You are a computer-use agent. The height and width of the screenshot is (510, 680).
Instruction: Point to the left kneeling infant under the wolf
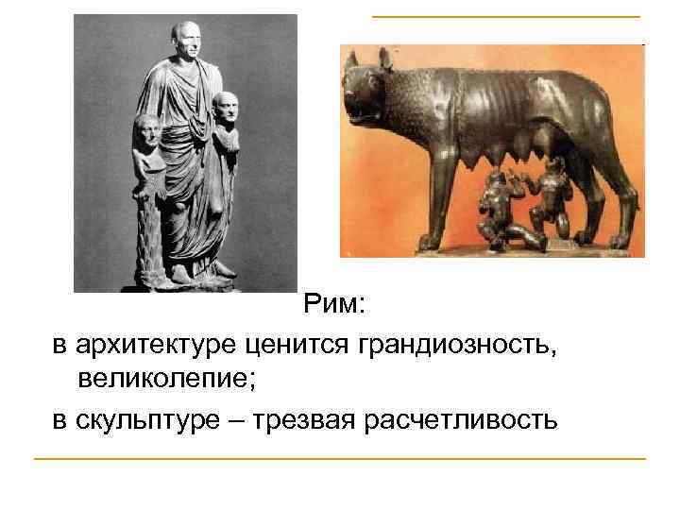pyautogui.click(x=492, y=203)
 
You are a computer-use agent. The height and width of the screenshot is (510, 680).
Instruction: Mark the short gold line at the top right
pyautogui.click(x=505, y=17)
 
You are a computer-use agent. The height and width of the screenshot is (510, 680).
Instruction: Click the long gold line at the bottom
pyautogui.click(x=339, y=459)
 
